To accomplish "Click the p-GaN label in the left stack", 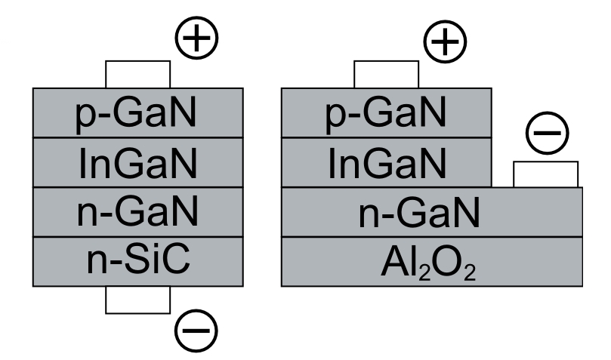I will click(x=137, y=113).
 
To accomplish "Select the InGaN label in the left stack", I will click(x=137, y=162).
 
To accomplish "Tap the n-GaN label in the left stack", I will click(x=137, y=212).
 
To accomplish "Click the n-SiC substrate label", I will click(x=137, y=261).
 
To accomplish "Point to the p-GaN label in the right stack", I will click(x=386, y=113).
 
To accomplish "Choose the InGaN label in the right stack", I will click(x=386, y=162).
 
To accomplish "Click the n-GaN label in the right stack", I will click(x=430, y=212).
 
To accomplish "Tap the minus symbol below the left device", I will click(x=196, y=329).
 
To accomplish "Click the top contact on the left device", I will click(x=137, y=74).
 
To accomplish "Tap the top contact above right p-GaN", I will click(x=386, y=74).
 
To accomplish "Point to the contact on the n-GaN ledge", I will click(x=545, y=174).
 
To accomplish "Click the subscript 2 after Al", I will click(x=426, y=271).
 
